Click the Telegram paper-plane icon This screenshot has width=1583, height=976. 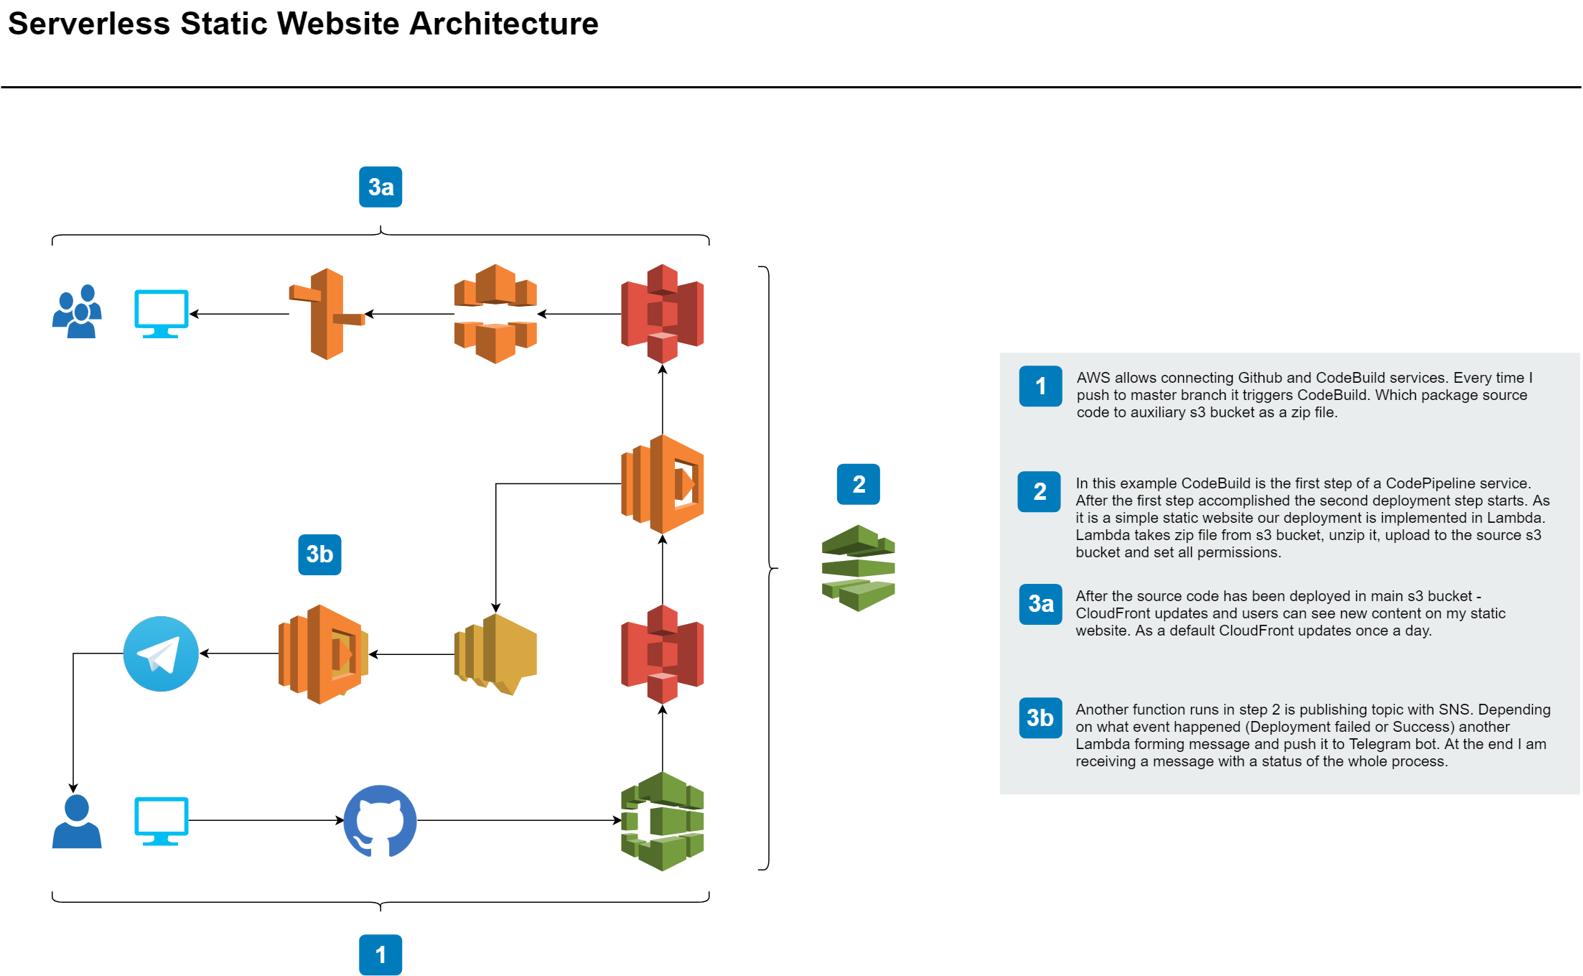click(x=161, y=654)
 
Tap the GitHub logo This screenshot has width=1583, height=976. click(x=380, y=820)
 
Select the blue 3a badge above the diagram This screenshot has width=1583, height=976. click(x=380, y=187)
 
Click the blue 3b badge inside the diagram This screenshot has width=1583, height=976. click(x=319, y=554)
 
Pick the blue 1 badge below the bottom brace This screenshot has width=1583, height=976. click(x=380, y=954)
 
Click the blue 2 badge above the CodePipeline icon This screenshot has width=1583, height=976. click(x=858, y=484)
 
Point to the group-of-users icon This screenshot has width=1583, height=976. click(x=77, y=312)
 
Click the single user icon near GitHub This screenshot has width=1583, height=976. click(x=77, y=822)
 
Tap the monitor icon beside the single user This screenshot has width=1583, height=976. click(x=162, y=821)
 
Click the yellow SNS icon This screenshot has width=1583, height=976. click(x=495, y=654)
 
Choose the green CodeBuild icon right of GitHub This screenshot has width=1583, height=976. click(x=662, y=821)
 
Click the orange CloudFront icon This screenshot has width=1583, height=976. click(x=495, y=314)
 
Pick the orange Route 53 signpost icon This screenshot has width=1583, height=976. click(x=327, y=314)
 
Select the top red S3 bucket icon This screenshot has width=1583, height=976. click(x=662, y=314)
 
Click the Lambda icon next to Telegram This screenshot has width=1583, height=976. click(x=323, y=654)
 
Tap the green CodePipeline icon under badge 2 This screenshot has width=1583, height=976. click(x=858, y=567)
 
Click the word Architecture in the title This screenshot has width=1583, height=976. click(x=503, y=24)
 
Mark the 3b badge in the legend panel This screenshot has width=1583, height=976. click(x=1040, y=717)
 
